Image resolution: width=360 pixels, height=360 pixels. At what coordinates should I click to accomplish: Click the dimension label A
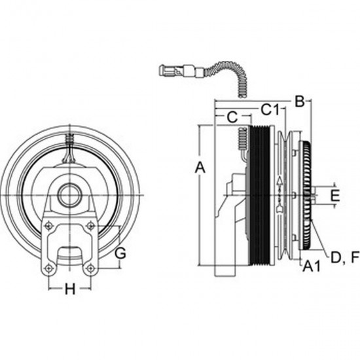click(200, 168)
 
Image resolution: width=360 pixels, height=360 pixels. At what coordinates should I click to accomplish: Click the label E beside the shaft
click(334, 195)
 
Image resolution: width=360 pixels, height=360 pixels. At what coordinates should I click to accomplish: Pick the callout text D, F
click(344, 257)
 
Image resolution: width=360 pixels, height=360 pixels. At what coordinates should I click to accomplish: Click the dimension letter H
click(70, 289)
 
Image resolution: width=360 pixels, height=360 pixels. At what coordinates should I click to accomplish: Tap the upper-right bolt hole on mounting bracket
click(91, 225)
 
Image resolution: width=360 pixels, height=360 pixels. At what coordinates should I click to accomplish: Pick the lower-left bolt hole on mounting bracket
click(47, 269)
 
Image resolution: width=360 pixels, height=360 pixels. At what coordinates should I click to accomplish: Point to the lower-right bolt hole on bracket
click(91, 269)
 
